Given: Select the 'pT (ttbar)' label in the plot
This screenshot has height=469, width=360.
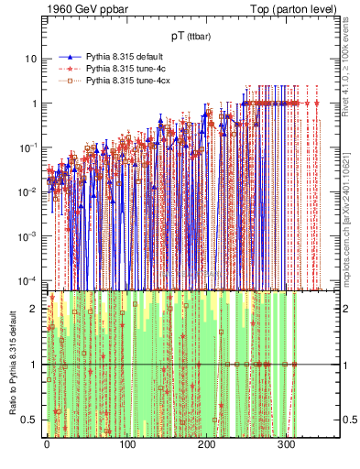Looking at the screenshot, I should tap(183, 36).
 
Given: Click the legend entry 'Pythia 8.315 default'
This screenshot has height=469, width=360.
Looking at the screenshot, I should tap(127, 56).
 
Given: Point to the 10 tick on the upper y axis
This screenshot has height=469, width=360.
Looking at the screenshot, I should tap(30, 59).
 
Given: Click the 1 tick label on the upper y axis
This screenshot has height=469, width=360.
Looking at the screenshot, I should tap(33, 104).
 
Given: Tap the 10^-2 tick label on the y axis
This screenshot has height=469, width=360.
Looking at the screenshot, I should tap(27, 191).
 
